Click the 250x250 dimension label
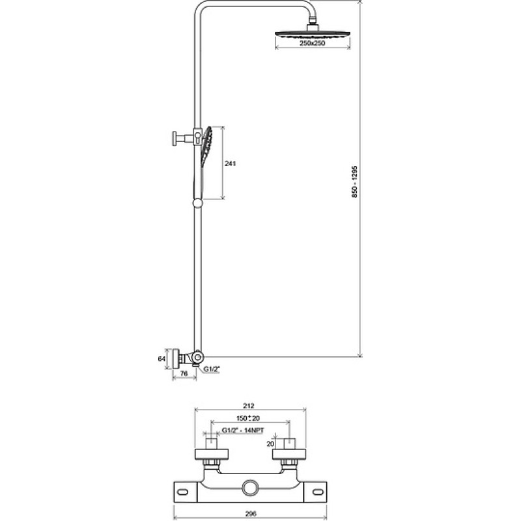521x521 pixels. pos(313,43)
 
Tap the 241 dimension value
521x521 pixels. pos(230,163)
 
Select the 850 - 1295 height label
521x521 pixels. pos(354,182)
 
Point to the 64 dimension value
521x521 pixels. pos(162,359)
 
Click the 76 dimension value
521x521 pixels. pos(184,373)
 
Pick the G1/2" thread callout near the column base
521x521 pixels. pos(212,369)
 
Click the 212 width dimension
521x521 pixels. pos(249,406)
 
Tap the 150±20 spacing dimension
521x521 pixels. pos(248,418)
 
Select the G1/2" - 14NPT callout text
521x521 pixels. pos(243,430)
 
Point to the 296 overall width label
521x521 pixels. pos(251,514)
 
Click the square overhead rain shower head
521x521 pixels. pos(313,34)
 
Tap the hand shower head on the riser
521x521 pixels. pos(206,146)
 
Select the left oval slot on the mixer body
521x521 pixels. pos(182,492)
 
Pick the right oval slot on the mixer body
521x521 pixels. pos(318,492)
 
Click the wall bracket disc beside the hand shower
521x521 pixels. pos(174,138)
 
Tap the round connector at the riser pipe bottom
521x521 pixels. pos(198,357)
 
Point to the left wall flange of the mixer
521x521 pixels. pos(211,454)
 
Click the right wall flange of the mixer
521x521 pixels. pos(289,454)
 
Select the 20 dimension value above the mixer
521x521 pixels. pos(270,444)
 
